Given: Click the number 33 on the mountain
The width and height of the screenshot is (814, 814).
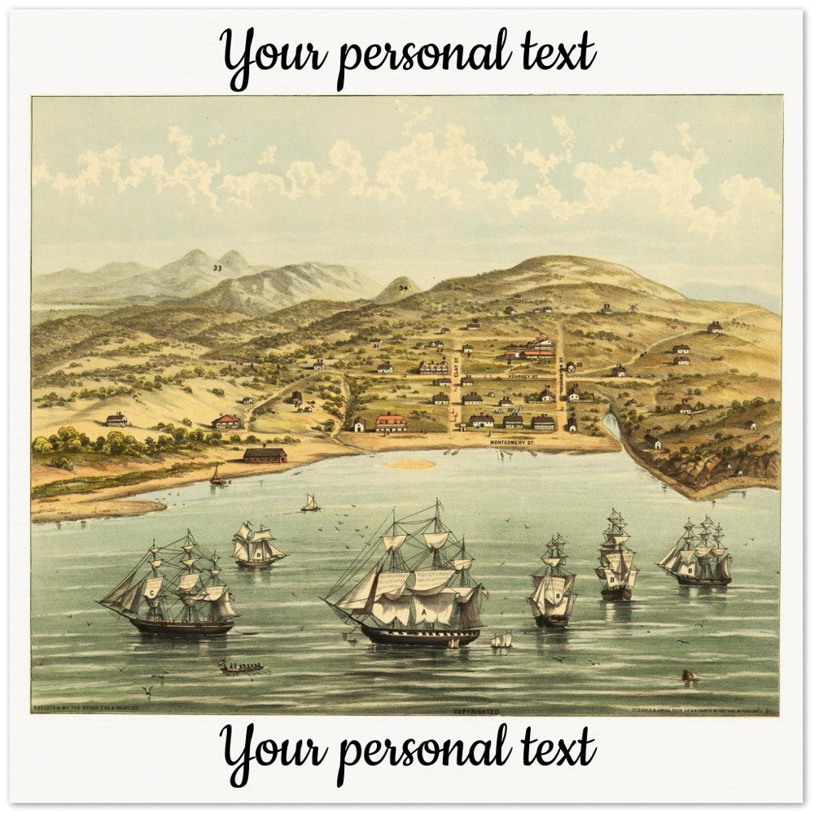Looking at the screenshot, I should click(217, 268).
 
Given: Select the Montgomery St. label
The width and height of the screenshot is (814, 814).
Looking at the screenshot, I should click(513, 441).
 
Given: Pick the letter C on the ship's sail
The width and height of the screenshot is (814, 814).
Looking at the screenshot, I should click(151, 593).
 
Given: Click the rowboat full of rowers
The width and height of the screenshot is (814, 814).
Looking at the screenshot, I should click(243, 668).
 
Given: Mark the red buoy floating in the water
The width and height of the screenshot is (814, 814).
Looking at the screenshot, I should click(688, 675).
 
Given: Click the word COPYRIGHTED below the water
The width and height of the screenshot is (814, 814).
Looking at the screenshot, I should click(476, 711).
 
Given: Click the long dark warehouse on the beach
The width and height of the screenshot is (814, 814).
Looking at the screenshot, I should click(265, 455).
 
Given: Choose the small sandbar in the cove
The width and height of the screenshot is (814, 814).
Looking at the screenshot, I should click(410, 465).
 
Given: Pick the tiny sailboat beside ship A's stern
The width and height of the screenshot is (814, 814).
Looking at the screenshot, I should click(501, 641).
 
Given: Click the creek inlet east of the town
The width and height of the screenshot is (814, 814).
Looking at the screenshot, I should click(613, 426).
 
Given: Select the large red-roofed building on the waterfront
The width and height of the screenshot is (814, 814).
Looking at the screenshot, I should click(391, 423).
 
